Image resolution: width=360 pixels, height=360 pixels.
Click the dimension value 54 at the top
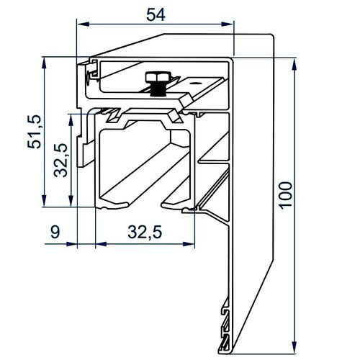[x=156, y=14]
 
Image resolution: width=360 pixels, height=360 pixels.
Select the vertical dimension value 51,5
[x=34, y=132]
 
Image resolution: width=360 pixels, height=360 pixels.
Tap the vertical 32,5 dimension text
[x=60, y=160]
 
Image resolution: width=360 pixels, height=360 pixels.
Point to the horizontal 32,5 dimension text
[x=145, y=232]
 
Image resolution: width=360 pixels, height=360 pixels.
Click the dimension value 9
[x=55, y=232]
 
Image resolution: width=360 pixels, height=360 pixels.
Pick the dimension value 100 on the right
[x=286, y=195]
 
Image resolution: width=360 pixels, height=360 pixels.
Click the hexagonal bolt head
[x=158, y=77]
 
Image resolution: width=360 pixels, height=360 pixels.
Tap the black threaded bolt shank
[x=158, y=89]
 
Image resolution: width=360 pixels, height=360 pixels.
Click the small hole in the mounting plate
[x=195, y=83]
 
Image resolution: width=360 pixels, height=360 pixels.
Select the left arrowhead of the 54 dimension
[x=83, y=24]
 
